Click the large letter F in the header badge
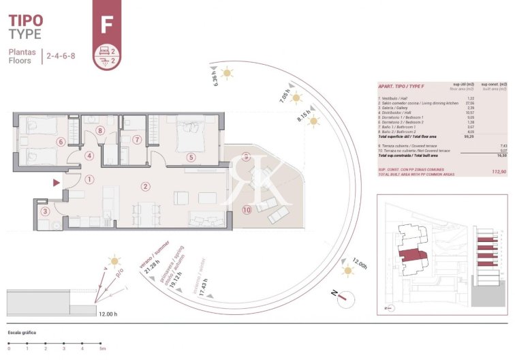click(x=106, y=25)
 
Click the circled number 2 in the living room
click(x=144, y=186)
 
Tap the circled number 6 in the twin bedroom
click(x=61, y=142)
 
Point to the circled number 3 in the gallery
click(x=45, y=211)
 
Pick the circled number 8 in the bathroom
click(x=99, y=131)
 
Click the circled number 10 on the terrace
click(x=246, y=211)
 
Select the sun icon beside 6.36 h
click(x=228, y=73)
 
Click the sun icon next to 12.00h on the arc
click(x=349, y=271)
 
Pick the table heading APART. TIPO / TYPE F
click(x=401, y=87)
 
